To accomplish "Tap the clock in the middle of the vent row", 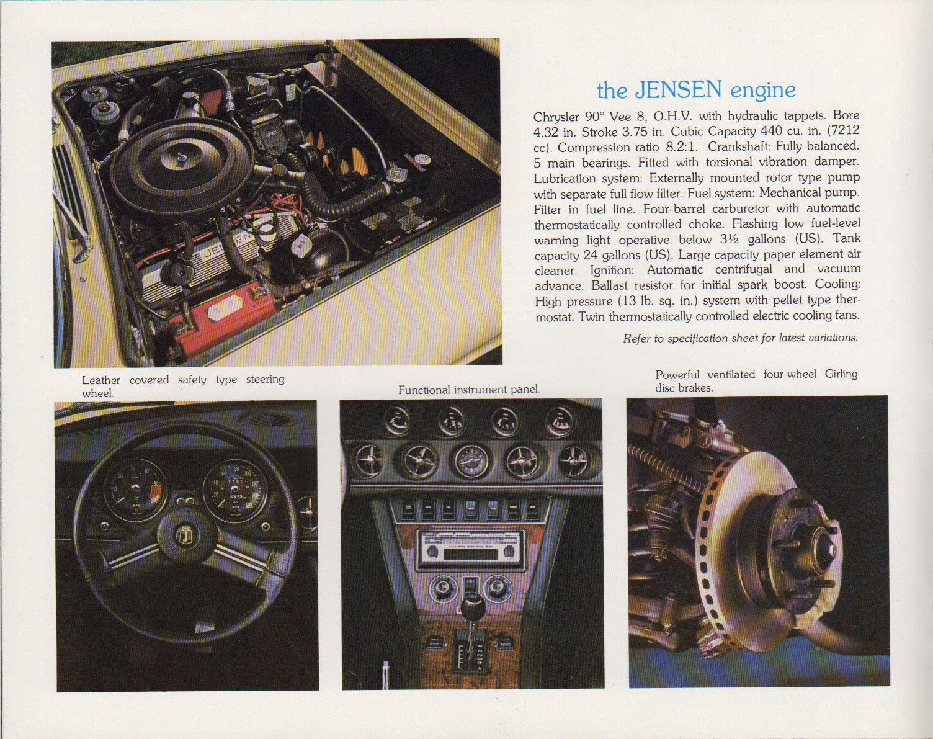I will click(471, 462).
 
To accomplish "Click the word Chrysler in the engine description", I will click(556, 116).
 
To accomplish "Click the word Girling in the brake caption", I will click(841, 374).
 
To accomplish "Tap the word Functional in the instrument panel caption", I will click(424, 390).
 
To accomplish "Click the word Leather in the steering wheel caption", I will click(101, 380).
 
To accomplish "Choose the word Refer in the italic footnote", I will click(636, 338).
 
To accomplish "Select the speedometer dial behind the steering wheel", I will click(234, 490).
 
